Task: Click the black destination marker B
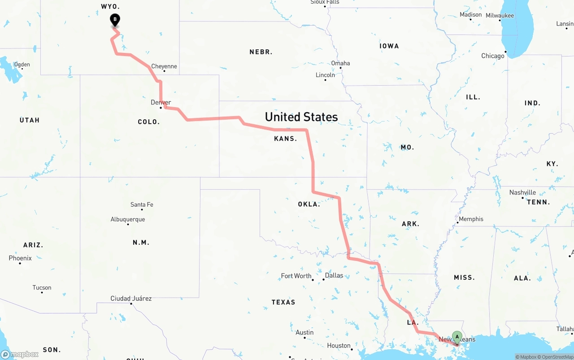coord(115,20)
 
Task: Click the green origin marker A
coord(457,337)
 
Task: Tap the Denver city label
coord(161,103)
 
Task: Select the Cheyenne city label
coord(164,66)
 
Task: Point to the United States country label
coord(301,117)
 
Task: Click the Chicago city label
coord(493,56)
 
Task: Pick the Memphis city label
coord(471,219)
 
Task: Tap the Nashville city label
coord(522,192)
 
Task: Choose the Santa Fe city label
coord(142,204)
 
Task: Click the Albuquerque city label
coord(128,219)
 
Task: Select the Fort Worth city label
coord(296,276)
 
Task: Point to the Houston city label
coord(339,346)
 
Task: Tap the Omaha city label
coord(340,63)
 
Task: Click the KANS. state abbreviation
coord(286,139)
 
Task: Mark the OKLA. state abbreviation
coord(309,204)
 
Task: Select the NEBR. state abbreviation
coord(261,52)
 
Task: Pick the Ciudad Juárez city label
coord(131,299)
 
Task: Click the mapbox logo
coord(20,354)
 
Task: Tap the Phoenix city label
coord(20,258)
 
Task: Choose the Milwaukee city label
coord(500,16)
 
